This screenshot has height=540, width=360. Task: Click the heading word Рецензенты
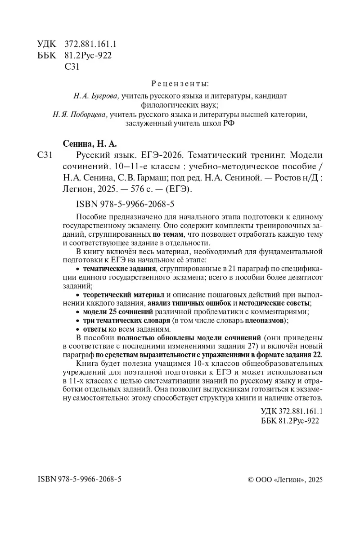pos(180,84)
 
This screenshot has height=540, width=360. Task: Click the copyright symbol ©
pos(251,480)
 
